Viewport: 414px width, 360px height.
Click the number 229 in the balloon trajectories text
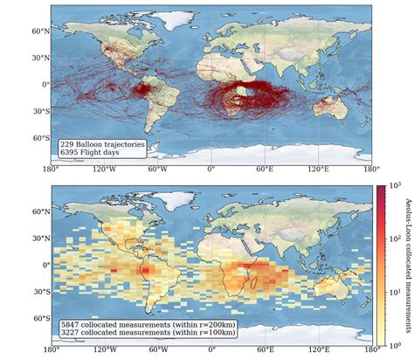(66, 143)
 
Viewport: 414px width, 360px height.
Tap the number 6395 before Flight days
(68, 152)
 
